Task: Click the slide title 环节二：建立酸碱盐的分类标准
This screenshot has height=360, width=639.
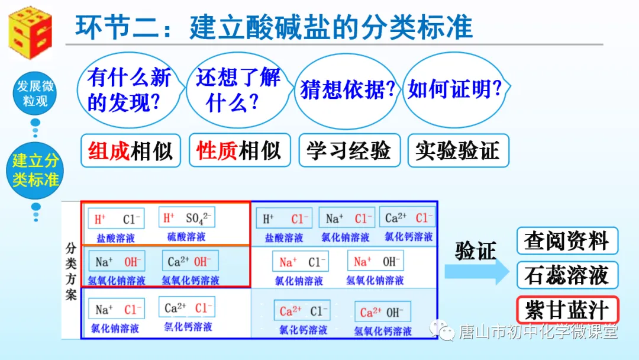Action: coord(274,27)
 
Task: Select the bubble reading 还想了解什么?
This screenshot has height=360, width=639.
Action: coord(238,90)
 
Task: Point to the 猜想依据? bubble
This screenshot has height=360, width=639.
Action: coord(347,90)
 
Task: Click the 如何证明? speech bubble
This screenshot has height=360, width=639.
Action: coord(455,90)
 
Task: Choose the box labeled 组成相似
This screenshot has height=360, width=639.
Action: coord(130,151)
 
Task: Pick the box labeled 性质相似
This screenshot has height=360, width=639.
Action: coord(239,150)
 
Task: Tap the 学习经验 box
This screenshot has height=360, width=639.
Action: coord(349,150)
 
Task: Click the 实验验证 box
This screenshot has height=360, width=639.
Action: coord(457,150)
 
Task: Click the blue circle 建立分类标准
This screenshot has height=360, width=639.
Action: coord(35,169)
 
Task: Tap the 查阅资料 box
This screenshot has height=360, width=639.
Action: coord(566,241)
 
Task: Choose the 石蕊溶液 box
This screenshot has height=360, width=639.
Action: coord(566,275)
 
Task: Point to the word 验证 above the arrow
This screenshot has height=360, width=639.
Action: coord(475,251)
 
